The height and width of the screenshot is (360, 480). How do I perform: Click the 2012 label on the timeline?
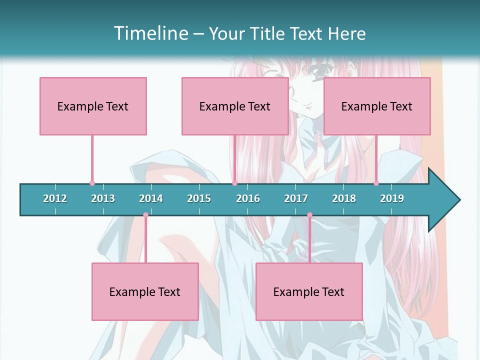55,198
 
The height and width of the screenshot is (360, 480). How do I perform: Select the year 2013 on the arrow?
103,198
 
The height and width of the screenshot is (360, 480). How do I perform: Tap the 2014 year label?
151,198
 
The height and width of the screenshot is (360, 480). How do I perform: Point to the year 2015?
199,198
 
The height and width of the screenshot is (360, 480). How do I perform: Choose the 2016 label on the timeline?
248,198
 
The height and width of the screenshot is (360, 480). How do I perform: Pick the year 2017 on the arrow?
296,198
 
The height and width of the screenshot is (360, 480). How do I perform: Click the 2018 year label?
344,198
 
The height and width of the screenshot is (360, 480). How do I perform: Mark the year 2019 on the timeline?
392,198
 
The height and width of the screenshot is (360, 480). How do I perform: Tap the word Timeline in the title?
150,33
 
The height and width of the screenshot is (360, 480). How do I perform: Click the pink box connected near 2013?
93,106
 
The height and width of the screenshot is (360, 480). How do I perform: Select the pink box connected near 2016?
235,106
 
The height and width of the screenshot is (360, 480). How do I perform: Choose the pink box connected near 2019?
377,106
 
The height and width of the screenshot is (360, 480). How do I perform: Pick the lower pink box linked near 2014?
145,291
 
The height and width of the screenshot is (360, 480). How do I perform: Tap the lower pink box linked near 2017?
309,291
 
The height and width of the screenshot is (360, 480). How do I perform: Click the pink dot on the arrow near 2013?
92,183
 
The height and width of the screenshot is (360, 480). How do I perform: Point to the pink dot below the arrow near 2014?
145,215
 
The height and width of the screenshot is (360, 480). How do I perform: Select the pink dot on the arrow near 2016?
234,183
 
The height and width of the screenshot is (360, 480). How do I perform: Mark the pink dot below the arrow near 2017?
309,215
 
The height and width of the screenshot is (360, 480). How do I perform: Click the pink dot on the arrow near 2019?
376,183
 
